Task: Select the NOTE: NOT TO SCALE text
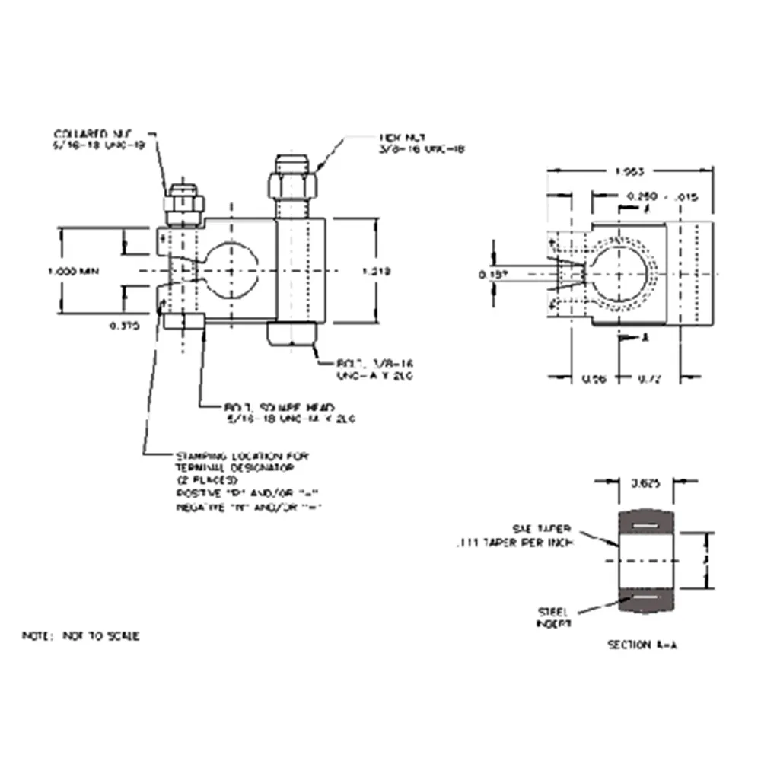pos(81,635)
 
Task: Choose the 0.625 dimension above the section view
pos(646,482)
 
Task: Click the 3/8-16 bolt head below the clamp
pos(292,334)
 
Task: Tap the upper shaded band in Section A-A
pos(646,524)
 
